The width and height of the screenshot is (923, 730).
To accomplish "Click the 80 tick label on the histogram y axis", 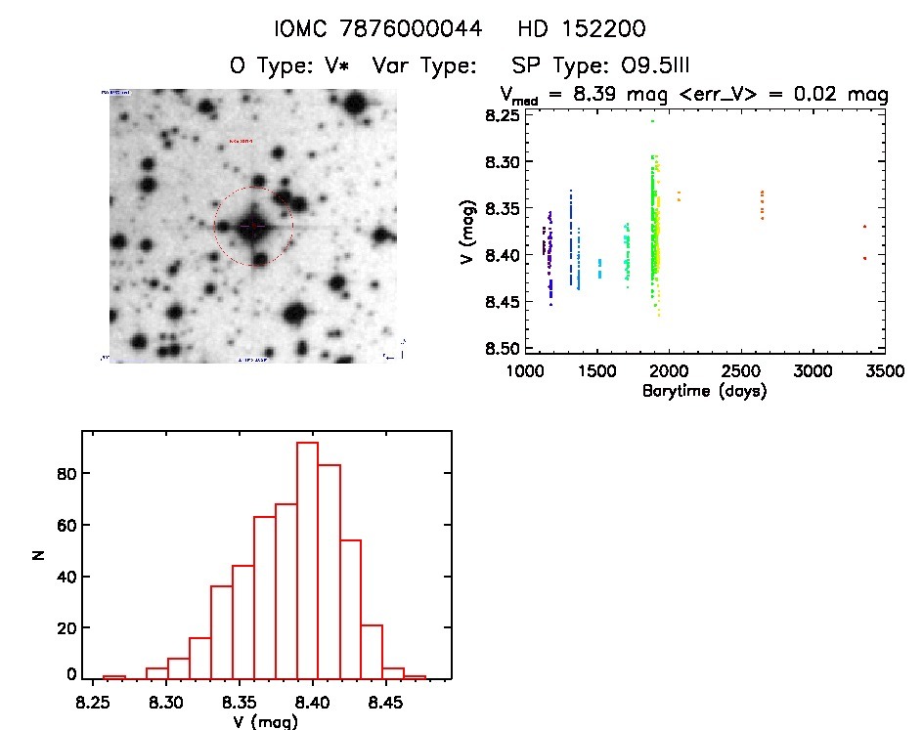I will click(x=65, y=474).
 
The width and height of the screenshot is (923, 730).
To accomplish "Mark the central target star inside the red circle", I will click(x=253, y=227).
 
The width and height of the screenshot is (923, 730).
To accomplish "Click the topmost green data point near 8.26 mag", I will click(x=652, y=121).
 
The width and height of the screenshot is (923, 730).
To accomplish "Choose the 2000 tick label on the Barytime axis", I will click(x=668, y=371).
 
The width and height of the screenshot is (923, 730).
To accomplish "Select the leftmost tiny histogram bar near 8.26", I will click(x=114, y=676).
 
